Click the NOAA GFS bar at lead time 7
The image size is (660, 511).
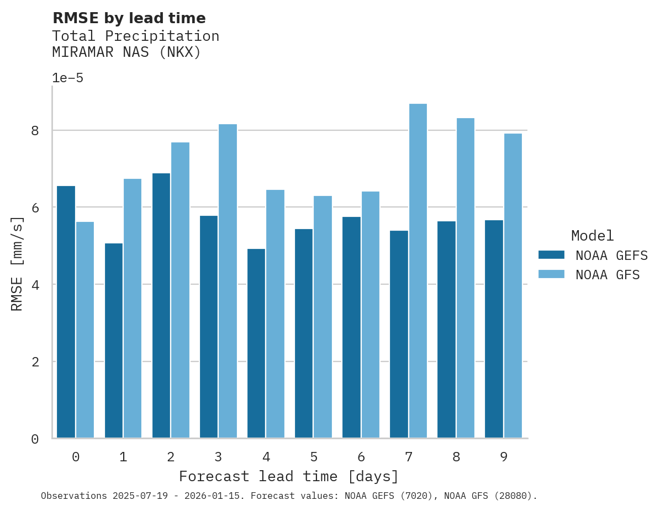click(x=418, y=271)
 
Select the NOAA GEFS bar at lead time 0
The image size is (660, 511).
click(x=66, y=312)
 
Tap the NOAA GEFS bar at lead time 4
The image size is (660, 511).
click(x=256, y=344)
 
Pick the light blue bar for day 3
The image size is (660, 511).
click(x=228, y=281)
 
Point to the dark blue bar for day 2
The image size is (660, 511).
click(x=161, y=306)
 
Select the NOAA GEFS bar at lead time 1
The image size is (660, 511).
click(x=114, y=341)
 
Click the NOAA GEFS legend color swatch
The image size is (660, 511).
click(x=551, y=255)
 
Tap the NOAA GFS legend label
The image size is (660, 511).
click(x=608, y=275)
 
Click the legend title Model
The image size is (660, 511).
click(x=592, y=236)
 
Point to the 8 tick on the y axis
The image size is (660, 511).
click(x=35, y=131)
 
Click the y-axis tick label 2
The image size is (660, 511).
click(x=35, y=362)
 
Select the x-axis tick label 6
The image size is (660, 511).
click(x=361, y=457)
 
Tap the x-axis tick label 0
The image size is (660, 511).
click(x=76, y=457)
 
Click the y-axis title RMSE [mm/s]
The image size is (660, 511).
click(x=17, y=263)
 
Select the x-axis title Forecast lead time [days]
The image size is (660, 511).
click(x=289, y=476)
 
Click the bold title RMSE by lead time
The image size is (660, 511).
click(x=129, y=18)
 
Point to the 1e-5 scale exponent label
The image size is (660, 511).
click(x=67, y=78)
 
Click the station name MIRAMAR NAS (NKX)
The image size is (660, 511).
click(x=126, y=52)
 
